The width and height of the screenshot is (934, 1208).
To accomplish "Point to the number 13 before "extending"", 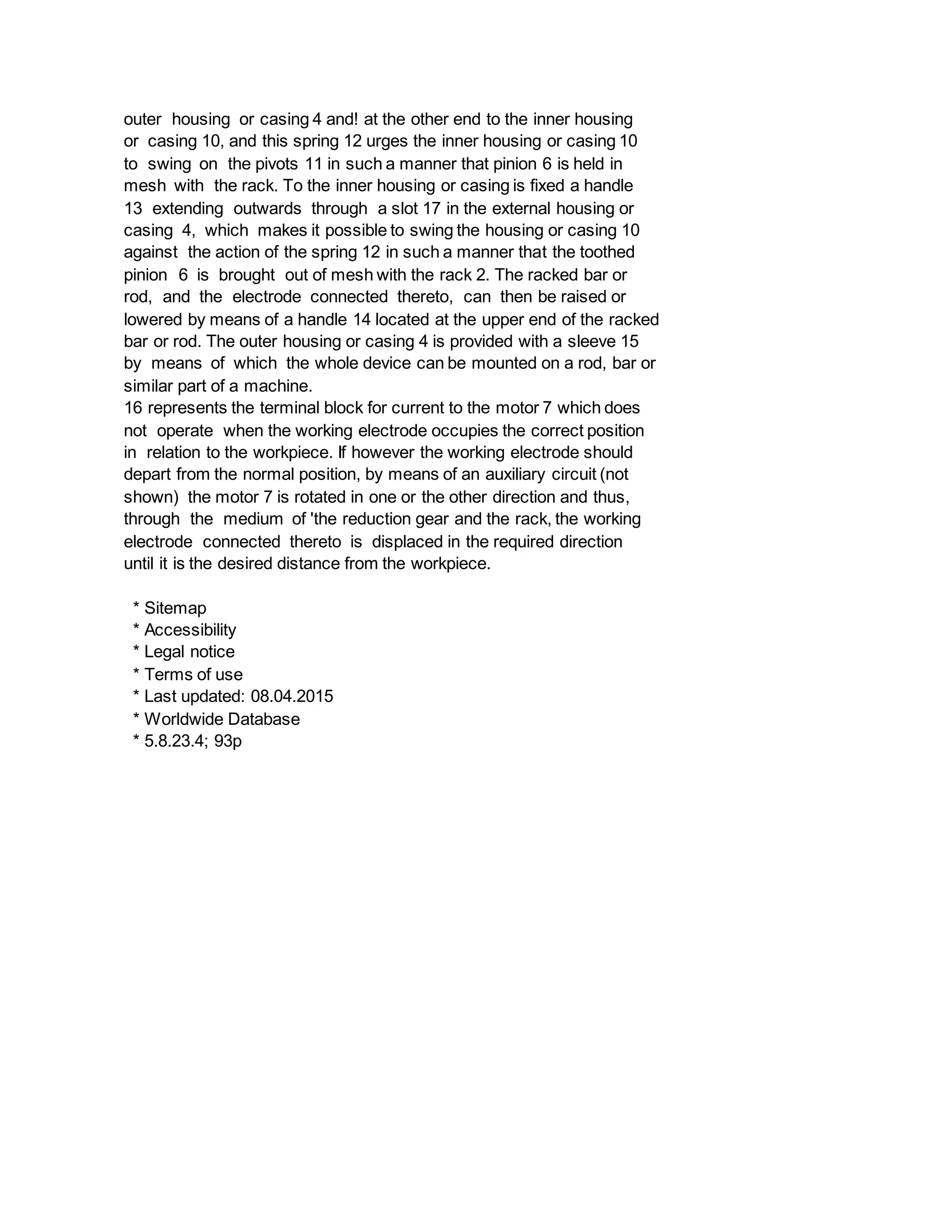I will [x=133, y=208].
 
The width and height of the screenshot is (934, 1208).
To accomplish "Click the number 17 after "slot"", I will [x=431, y=208].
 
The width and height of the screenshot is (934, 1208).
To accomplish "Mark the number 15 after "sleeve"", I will [x=630, y=341].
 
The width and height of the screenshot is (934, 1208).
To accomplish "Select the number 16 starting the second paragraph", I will [x=133, y=408].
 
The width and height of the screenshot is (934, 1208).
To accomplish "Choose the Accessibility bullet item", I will [x=190, y=630].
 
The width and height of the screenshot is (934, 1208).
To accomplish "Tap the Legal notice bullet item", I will [x=189, y=652].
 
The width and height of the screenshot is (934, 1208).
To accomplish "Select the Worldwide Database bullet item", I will [x=222, y=719].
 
